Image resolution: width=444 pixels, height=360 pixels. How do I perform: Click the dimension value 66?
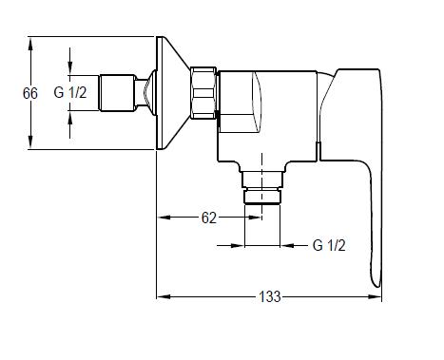[30, 93]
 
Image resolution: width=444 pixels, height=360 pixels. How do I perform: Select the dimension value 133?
[270, 296]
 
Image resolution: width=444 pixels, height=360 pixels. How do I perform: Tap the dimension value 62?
[209, 218]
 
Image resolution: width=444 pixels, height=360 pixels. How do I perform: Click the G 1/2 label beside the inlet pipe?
[70, 93]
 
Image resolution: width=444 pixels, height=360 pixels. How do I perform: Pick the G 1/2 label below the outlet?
[329, 245]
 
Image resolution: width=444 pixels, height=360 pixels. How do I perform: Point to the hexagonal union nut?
[203, 93]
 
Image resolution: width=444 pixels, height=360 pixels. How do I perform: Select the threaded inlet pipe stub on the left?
[117, 93]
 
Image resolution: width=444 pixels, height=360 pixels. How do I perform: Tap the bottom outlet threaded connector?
[261, 187]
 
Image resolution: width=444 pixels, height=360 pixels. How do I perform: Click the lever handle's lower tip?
[376, 285]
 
